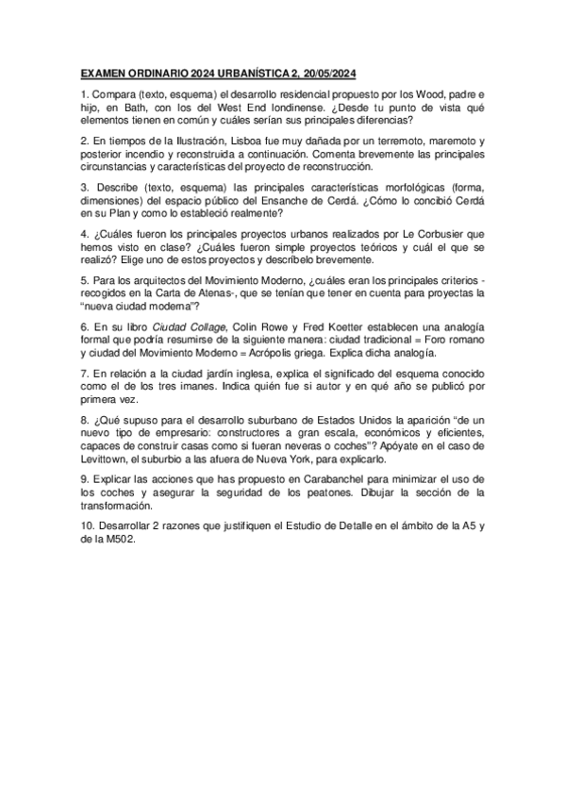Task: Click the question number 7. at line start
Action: pyautogui.click(x=84, y=373)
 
